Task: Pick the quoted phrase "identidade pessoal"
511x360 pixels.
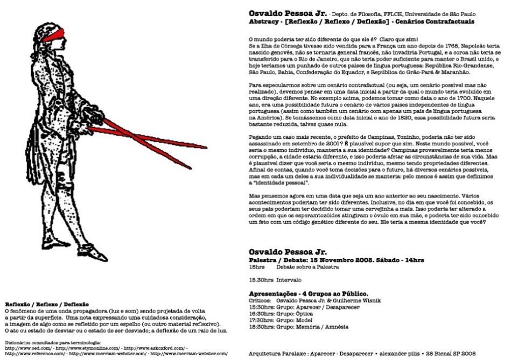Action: point(279,183)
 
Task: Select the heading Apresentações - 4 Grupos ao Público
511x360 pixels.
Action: point(308,293)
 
